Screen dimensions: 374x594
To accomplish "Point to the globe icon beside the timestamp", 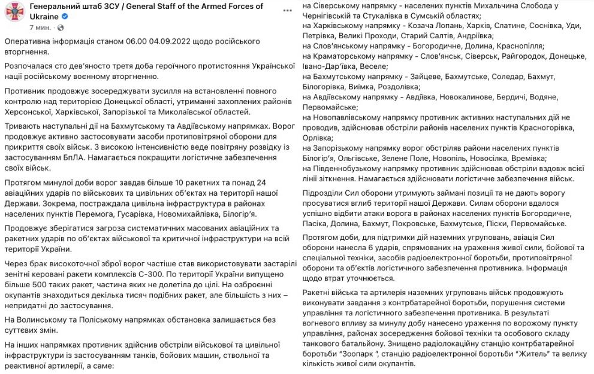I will (x=61, y=28).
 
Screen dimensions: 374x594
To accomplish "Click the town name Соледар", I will (x=508, y=77).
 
